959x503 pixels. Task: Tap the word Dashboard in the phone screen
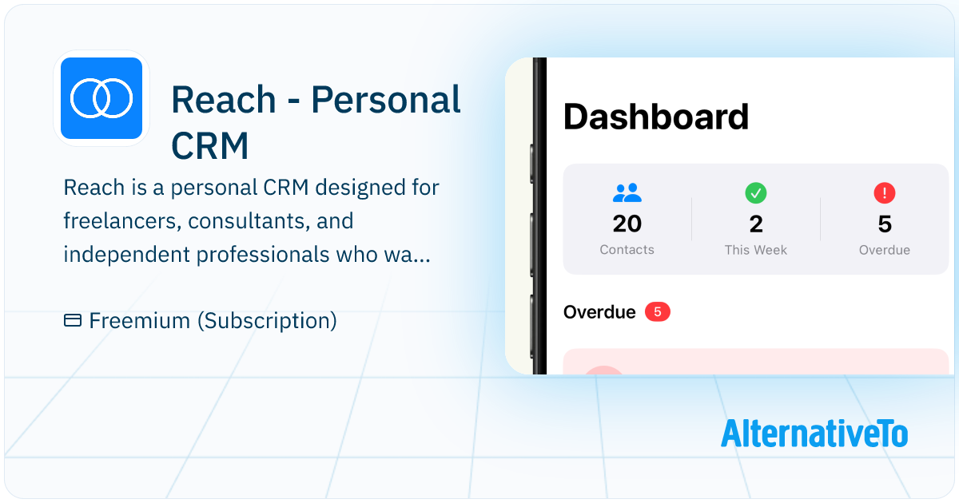point(655,117)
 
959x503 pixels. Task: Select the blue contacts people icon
point(627,192)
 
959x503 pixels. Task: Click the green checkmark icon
point(755,192)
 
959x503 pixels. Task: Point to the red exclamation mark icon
point(884,192)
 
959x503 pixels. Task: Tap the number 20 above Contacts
point(627,224)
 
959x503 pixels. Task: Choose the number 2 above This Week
point(756,224)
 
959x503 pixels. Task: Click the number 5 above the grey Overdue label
point(884,224)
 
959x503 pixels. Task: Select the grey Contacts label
point(627,250)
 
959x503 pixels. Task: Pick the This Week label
point(756,250)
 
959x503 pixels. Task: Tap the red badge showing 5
point(657,311)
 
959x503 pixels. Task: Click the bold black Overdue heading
point(599,311)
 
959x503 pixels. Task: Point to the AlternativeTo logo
point(814,433)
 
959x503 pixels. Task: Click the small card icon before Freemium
point(73,321)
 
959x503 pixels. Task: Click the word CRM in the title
point(210,145)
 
